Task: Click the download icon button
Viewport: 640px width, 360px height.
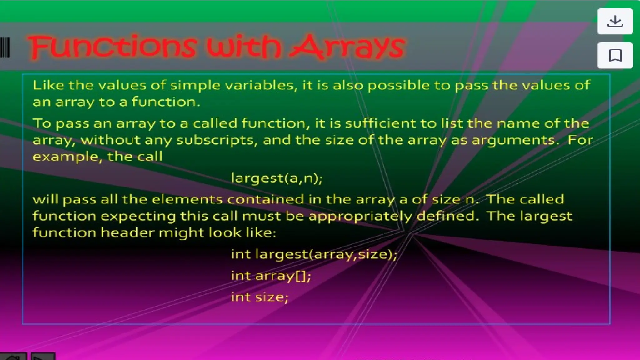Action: [x=615, y=22]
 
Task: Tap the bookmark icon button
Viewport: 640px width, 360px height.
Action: [x=615, y=55]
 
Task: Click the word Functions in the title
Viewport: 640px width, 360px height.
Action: [x=112, y=47]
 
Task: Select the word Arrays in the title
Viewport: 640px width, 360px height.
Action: [x=347, y=47]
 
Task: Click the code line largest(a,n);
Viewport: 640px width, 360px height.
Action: [x=277, y=178]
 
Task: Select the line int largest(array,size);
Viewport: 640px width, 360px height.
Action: [x=314, y=254]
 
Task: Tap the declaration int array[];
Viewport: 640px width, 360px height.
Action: [x=271, y=276]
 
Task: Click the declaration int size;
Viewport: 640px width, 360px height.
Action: [x=259, y=297]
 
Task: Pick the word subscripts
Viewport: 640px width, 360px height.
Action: [x=217, y=140]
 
